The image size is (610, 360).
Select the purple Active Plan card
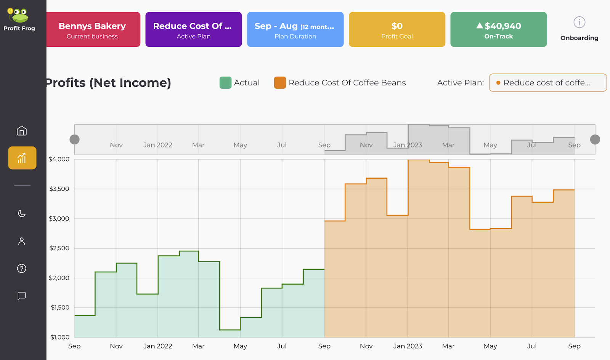click(x=194, y=30)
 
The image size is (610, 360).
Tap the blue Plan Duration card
click(x=295, y=30)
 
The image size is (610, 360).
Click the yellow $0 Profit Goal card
click(x=397, y=30)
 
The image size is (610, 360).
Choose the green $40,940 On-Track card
click(x=498, y=30)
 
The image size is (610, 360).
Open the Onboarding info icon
click(x=579, y=22)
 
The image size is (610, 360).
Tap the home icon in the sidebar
click(x=22, y=131)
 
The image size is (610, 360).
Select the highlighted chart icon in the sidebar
click(x=22, y=158)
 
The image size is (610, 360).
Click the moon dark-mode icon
click(x=22, y=213)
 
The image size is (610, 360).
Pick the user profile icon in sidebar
click(x=22, y=241)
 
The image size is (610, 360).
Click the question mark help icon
click(x=22, y=269)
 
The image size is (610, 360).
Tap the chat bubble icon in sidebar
click(x=22, y=296)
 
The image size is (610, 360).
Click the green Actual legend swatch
click(x=225, y=83)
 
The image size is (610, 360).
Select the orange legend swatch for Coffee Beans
click(x=280, y=83)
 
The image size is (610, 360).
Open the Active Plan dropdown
click(x=547, y=83)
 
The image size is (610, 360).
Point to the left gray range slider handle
click(x=75, y=139)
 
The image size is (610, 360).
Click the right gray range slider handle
click(x=595, y=139)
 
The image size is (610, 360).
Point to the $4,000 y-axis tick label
click(x=59, y=159)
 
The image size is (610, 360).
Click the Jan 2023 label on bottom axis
click(x=408, y=346)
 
